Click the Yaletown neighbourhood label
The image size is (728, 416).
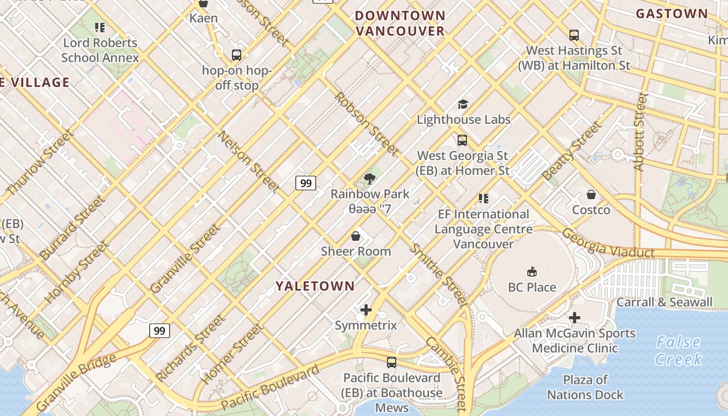[315, 286]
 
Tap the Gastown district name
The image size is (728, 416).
[672, 14]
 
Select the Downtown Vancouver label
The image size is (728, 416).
[400, 23]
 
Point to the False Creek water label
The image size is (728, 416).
[678, 350]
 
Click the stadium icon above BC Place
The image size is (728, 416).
[532, 271]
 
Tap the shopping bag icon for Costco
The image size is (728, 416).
[591, 195]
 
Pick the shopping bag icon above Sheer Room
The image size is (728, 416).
[356, 237]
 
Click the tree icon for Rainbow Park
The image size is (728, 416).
[370, 179]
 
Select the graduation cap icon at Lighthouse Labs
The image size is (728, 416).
[463, 105]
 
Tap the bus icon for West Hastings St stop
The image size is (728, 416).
[574, 35]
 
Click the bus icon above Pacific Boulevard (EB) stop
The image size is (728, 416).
[392, 362]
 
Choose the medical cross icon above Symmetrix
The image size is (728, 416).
[366, 310]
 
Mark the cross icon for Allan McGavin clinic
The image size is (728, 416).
[575, 318]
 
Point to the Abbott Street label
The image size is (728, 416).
[640, 132]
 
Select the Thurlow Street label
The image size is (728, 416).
[40, 163]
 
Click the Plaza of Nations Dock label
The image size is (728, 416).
[585, 387]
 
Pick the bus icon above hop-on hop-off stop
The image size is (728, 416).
[237, 55]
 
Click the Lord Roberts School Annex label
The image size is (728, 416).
[100, 50]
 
